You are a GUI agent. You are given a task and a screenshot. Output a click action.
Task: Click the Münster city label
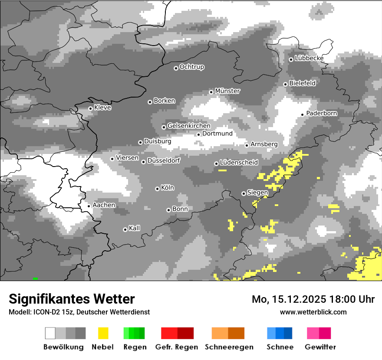[x=227, y=91]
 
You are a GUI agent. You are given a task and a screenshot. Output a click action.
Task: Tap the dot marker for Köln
[x=157, y=189]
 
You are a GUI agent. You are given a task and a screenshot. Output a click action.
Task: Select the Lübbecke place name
[x=309, y=58]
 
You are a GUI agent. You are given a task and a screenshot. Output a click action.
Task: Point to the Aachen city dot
[x=89, y=206]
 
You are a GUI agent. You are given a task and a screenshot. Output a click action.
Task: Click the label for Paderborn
[x=322, y=113]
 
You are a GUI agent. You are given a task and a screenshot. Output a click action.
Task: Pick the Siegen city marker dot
[x=244, y=193]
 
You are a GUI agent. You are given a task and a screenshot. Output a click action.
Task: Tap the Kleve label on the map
[x=102, y=108]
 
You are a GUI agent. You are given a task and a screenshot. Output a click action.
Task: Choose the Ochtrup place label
[x=191, y=67]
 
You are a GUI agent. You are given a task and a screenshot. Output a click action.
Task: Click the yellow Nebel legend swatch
[x=103, y=333]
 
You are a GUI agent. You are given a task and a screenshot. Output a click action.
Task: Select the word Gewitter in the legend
[x=320, y=347]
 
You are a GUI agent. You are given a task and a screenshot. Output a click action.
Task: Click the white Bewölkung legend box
[x=50, y=333]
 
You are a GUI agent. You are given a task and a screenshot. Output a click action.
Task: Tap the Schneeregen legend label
[x=229, y=347]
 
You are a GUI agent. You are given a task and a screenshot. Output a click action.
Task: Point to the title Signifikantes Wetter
[x=72, y=299]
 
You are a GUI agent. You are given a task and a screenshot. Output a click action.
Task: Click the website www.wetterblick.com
[x=313, y=312]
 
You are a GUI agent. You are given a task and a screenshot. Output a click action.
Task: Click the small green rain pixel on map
[x=35, y=278]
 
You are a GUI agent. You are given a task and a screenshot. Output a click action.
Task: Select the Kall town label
[x=134, y=228]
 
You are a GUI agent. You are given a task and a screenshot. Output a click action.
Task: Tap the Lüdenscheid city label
[x=239, y=163]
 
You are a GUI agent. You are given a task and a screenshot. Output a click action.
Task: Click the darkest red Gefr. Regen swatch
[x=185, y=333]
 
